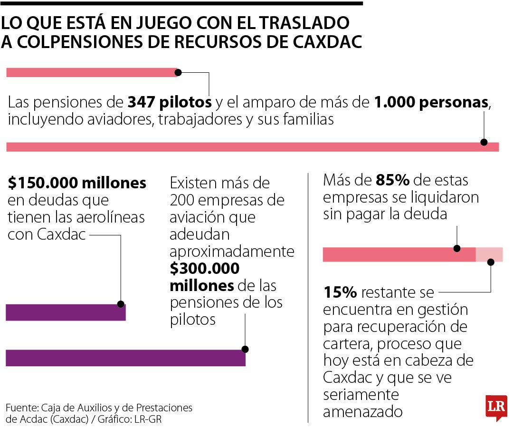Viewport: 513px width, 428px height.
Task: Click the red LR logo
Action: click(x=496, y=407)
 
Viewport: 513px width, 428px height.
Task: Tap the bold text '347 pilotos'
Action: click(x=170, y=102)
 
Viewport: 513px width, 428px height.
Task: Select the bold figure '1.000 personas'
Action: click(x=431, y=102)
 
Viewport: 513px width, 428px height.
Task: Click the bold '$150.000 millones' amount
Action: click(x=77, y=183)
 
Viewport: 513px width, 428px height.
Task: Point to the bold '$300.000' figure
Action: click(x=205, y=269)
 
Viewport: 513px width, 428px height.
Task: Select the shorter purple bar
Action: click(x=66, y=312)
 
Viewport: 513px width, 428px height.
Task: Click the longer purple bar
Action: click(x=125, y=358)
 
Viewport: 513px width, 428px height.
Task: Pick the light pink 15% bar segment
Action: click(x=489, y=254)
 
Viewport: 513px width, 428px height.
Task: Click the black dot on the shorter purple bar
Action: click(x=121, y=304)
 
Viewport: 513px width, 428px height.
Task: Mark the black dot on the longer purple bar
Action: click(x=245, y=349)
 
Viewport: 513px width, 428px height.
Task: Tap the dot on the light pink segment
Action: click(x=491, y=262)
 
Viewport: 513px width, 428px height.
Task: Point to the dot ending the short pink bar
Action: click(x=179, y=73)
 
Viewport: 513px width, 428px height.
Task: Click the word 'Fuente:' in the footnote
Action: click(x=22, y=408)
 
